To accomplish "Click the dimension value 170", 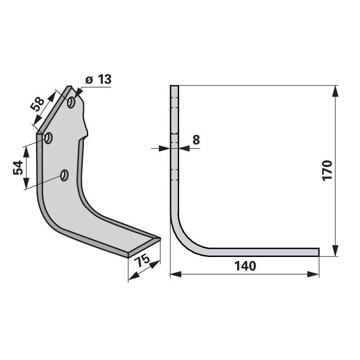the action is click(328, 171).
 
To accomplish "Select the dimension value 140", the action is click(245, 266).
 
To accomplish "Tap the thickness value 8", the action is click(196, 139).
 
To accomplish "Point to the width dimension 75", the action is click(142, 261).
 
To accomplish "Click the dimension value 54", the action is click(18, 168).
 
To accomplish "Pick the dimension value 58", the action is click(37, 104).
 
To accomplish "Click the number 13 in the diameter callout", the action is click(105, 80).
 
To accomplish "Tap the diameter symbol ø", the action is click(89, 80).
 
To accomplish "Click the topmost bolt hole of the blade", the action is click(71, 102).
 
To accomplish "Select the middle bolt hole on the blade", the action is click(49, 138).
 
